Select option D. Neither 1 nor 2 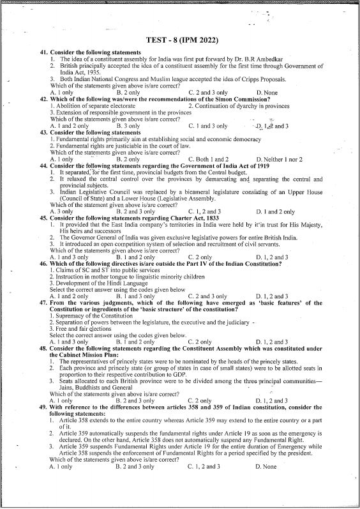pyautogui.click(x=279, y=159)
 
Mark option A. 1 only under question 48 pyautogui.click(x=61, y=400)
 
